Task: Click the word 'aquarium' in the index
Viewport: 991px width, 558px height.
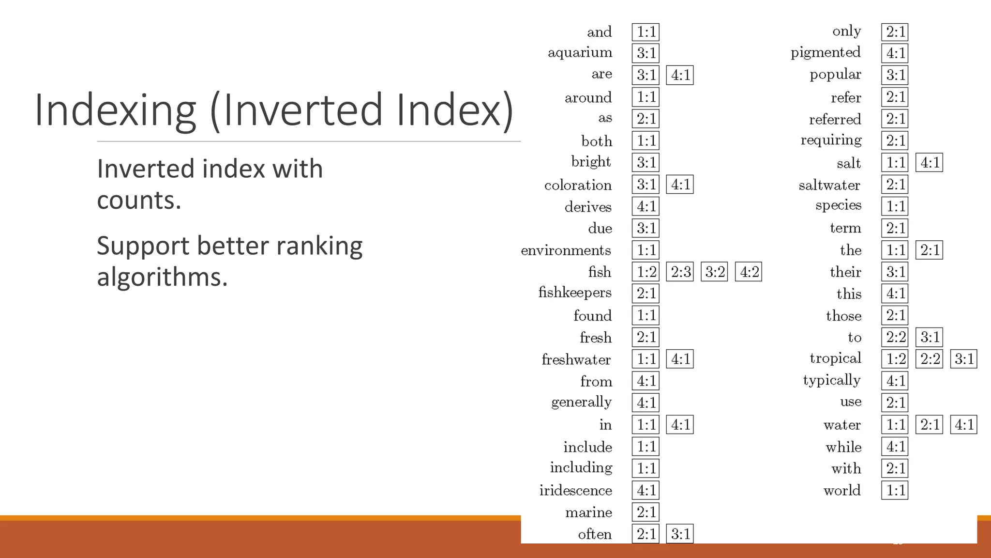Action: [x=580, y=53]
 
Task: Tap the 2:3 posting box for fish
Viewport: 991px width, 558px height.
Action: [x=680, y=272]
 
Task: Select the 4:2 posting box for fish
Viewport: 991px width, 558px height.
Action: [x=749, y=272]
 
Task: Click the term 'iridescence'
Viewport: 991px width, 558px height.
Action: [x=576, y=490]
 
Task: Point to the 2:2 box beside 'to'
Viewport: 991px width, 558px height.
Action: [x=895, y=337]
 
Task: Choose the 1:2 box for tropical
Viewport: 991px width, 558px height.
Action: [x=895, y=359]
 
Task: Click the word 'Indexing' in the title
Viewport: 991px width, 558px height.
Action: [x=115, y=110]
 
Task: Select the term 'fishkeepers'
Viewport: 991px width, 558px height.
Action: [x=575, y=293]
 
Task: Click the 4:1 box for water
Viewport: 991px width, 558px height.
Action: [x=964, y=425]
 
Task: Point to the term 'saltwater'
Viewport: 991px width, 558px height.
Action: [x=829, y=185]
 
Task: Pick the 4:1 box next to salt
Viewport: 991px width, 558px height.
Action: [x=930, y=163]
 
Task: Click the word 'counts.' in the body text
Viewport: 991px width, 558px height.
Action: [x=139, y=200]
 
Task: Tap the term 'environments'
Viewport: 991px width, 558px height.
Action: [x=566, y=250]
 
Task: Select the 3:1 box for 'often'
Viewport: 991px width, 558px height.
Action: [x=680, y=534]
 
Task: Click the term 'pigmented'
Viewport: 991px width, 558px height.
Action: [x=826, y=53]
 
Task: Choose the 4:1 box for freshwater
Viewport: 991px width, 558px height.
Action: [x=680, y=359]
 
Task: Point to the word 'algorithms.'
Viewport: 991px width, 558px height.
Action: [x=162, y=277]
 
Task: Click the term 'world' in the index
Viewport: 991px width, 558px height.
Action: [x=842, y=491]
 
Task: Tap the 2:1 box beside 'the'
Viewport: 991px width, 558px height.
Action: [x=930, y=250]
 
